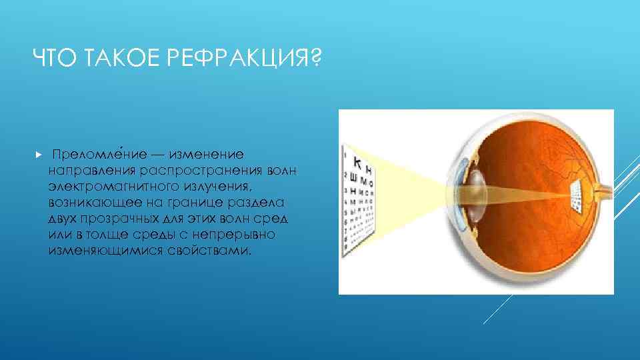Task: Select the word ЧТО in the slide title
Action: coord(51,61)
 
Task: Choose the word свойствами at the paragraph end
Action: coord(213,252)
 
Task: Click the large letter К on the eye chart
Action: coord(357,161)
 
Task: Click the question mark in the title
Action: coord(314,61)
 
